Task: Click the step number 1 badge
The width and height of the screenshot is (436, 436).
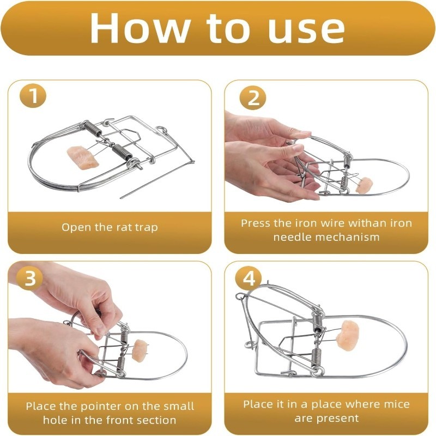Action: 33,95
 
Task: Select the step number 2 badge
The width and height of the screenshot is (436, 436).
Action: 253,98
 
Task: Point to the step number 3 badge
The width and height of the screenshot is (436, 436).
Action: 30,278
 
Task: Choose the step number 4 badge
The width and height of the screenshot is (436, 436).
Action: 249,278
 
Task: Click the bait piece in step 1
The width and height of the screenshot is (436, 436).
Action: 83,157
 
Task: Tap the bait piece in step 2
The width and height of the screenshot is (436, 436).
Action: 365,185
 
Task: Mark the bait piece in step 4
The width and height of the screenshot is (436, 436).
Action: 348,335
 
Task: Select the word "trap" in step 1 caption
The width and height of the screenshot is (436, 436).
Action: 146,228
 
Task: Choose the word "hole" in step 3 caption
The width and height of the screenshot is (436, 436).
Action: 56,420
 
